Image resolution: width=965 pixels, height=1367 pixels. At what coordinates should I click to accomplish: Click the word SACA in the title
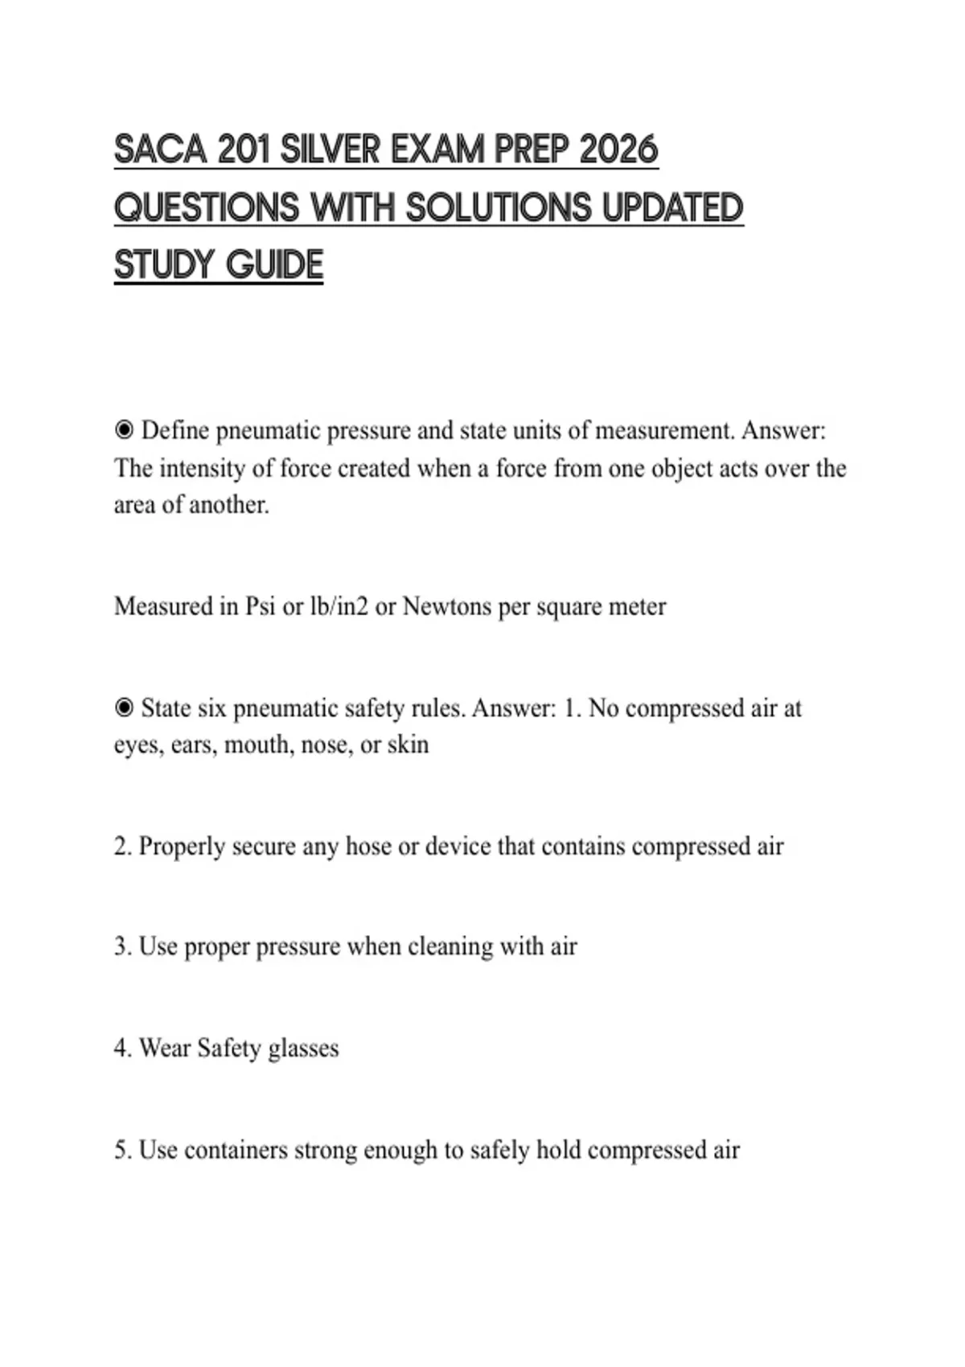pos(159,150)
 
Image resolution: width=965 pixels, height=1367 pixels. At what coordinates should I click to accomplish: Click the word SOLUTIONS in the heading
pos(498,207)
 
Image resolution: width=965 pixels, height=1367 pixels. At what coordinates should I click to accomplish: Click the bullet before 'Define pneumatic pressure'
pos(124,431)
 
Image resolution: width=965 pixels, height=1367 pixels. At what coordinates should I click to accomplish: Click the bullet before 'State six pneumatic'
pos(124,708)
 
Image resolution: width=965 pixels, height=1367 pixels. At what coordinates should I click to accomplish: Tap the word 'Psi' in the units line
pos(260,606)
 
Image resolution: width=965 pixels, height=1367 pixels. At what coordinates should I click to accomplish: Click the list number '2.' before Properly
pos(122,847)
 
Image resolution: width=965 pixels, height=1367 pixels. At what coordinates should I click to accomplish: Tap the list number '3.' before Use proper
pos(122,947)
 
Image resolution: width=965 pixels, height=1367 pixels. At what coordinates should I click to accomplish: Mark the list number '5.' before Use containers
pos(122,1151)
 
